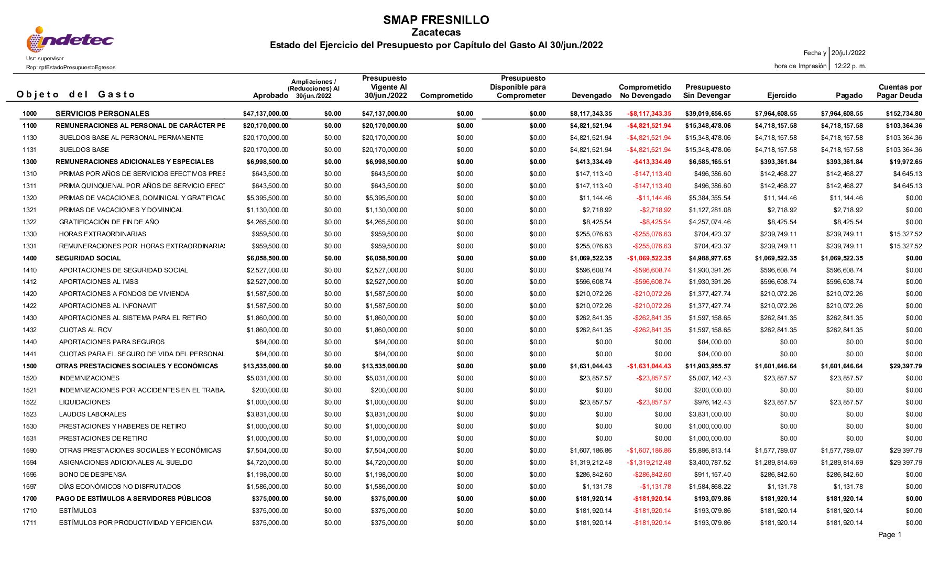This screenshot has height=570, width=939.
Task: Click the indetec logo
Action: (70, 40)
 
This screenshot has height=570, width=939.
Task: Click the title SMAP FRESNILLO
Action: (436, 20)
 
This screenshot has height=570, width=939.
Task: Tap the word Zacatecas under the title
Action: (436, 32)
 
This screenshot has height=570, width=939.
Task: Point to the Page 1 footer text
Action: (890, 534)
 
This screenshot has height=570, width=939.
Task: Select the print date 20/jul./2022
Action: (848, 53)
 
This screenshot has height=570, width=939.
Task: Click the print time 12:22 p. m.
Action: (850, 66)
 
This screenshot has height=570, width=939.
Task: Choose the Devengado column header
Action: (592, 95)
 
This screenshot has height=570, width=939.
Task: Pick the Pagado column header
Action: (849, 95)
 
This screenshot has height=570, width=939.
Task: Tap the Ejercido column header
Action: (782, 95)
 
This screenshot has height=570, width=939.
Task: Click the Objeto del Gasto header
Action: (76, 94)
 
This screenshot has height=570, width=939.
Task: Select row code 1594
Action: (30, 463)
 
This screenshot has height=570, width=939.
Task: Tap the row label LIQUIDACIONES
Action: (85, 402)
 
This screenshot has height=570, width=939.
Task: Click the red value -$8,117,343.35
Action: (649, 114)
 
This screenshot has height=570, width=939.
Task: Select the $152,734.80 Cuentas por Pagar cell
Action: (904, 114)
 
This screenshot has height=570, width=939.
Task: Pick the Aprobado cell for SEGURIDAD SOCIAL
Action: (267, 258)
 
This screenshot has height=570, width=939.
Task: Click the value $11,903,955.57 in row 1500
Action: (707, 366)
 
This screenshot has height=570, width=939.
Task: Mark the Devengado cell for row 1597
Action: (597, 487)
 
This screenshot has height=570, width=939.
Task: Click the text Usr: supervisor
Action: (45, 59)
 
